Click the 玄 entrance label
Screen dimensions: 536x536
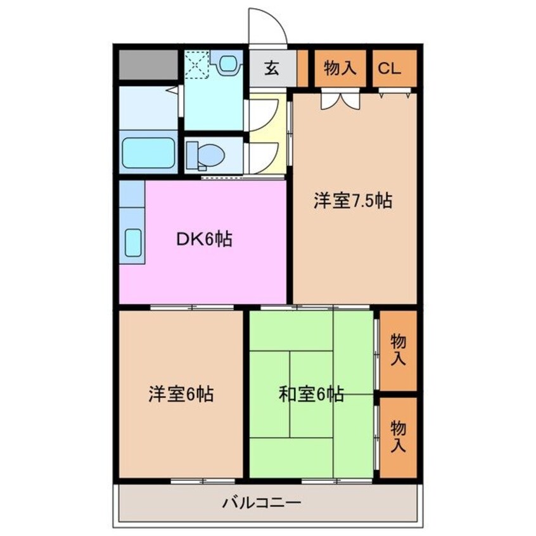(x=272, y=68)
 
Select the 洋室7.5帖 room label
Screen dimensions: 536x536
(x=352, y=201)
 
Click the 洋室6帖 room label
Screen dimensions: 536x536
(x=181, y=394)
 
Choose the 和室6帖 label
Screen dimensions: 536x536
(x=311, y=394)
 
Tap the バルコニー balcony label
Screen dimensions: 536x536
(x=261, y=504)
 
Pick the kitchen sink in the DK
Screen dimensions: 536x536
(x=132, y=242)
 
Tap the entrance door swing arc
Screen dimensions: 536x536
(x=266, y=25)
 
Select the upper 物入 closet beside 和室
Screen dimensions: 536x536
(x=398, y=350)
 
